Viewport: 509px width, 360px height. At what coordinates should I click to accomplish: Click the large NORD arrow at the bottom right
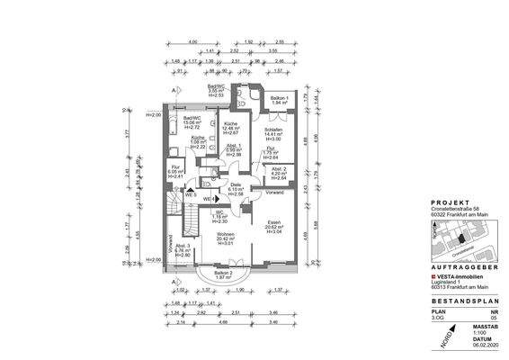[442, 338]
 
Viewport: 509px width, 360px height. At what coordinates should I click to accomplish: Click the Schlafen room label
[272, 130]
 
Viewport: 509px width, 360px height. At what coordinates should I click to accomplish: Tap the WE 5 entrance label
[191, 194]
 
